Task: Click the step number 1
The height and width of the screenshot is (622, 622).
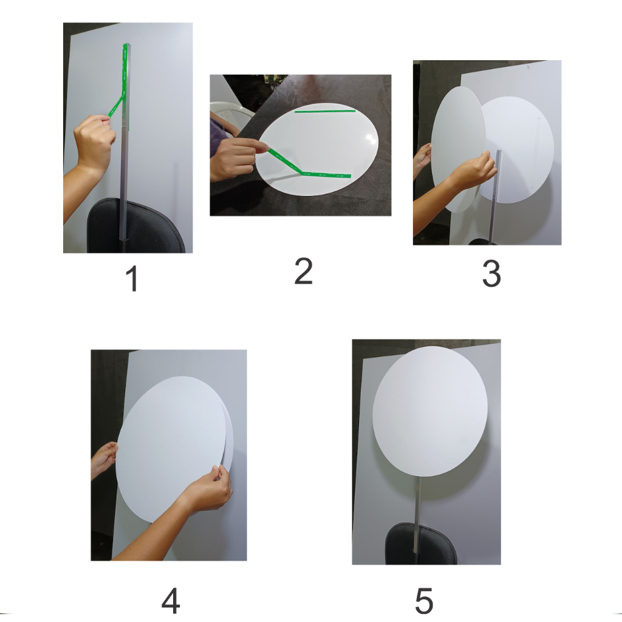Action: click(x=132, y=278)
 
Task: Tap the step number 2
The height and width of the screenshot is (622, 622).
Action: click(x=304, y=271)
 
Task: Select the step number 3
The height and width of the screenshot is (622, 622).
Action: click(x=491, y=273)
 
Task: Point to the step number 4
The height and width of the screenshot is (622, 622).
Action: click(x=171, y=601)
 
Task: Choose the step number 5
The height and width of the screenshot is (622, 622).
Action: click(x=424, y=601)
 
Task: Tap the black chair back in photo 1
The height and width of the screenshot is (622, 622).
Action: click(x=135, y=226)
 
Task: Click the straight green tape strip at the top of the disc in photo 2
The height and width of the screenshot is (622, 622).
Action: click(x=325, y=111)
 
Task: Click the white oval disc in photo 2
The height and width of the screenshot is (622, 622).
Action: click(x=317, y=149)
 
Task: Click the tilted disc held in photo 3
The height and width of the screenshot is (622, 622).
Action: click(x=459, y=149)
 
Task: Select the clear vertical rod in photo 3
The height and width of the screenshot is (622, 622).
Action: click(x=495, y=196)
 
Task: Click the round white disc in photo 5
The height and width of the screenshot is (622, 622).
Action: click(x=430, y=411)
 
